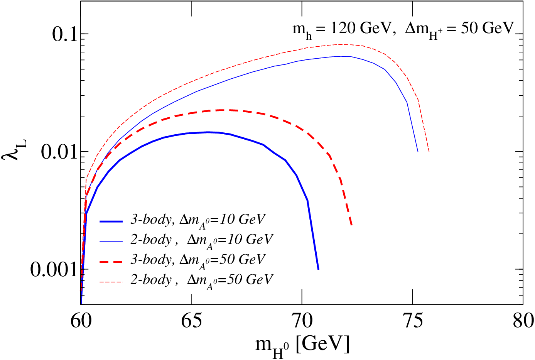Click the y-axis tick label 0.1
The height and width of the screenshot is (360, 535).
65,34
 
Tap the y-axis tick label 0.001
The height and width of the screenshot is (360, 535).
54,269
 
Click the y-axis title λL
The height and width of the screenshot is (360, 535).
14,150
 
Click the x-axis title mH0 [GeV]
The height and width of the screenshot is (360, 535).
302,347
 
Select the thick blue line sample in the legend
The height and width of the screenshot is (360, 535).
111,221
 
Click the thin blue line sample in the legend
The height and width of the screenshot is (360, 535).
111,242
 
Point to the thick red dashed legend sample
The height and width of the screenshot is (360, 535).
111,262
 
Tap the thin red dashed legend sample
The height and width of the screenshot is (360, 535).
111,282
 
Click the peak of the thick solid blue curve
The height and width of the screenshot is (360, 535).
208,132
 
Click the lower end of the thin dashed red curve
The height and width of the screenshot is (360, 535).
429,152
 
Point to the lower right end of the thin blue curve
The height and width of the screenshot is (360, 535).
418,152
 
